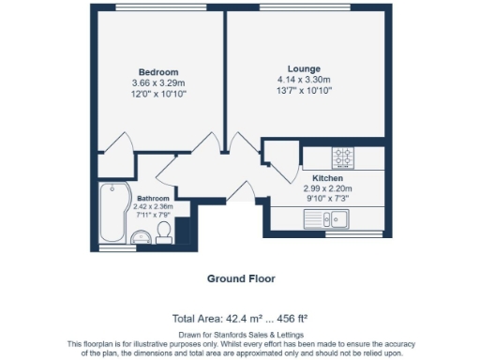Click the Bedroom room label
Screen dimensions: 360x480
[158, 72]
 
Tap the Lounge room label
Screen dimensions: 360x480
[304, 68]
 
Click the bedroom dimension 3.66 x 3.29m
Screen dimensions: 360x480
[158, 83]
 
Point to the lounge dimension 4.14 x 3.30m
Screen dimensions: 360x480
[304, 80]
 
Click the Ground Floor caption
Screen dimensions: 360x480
[241, 278]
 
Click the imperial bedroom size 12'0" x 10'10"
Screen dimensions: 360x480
[158, 95]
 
